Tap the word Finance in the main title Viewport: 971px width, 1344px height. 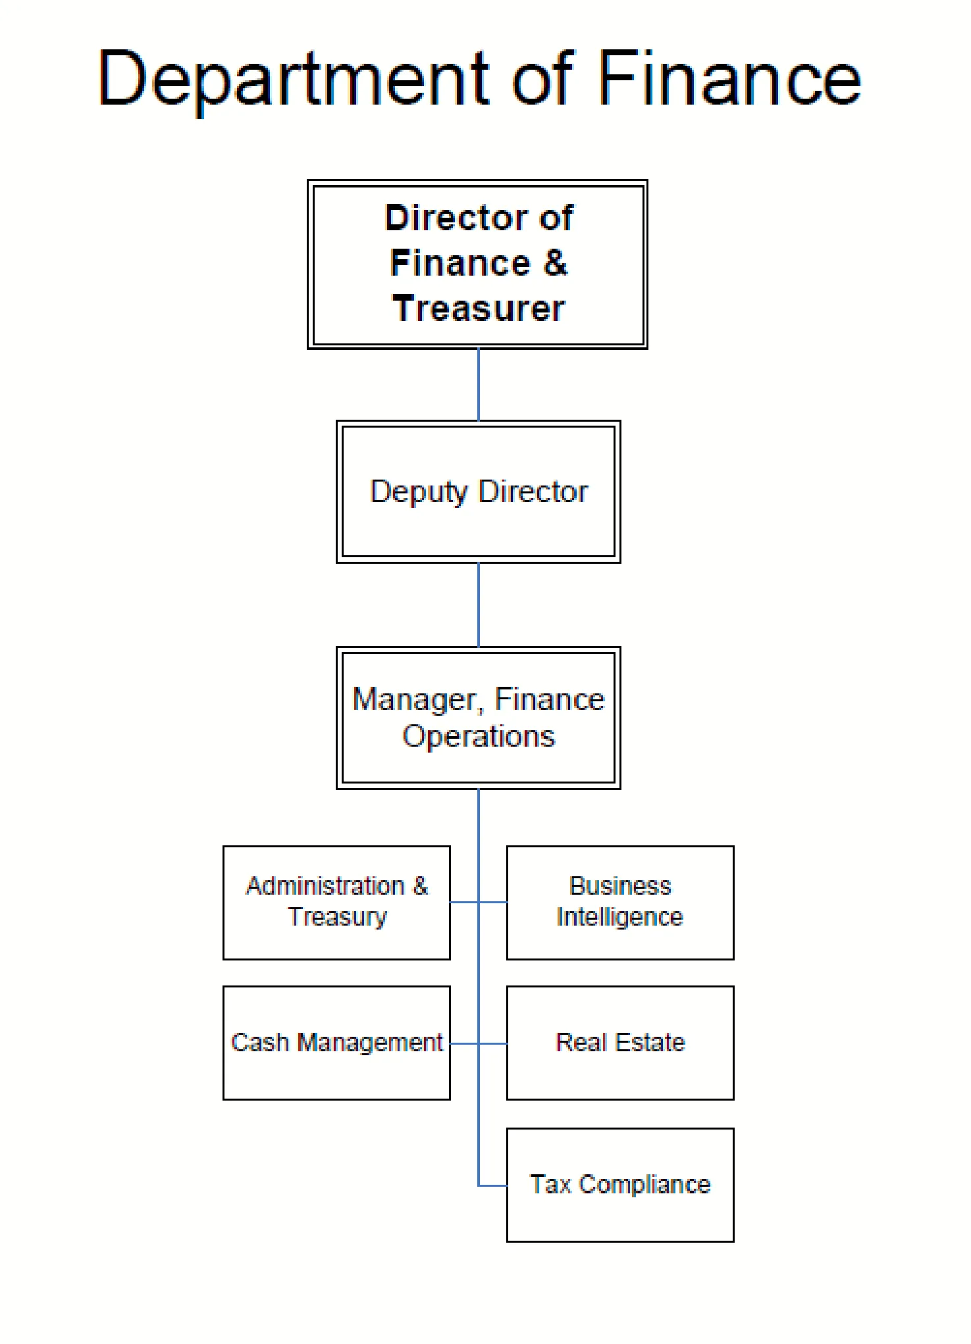click(x=729, y=79)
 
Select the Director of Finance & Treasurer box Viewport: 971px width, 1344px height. click(x=478, y=264)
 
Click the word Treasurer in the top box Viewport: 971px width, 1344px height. click(x=479, y=309)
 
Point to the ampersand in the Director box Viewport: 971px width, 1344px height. click(x=555, y=263)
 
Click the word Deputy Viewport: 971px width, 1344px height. click(x=419, y=492)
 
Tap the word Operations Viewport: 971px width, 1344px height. click(x=479, y=736)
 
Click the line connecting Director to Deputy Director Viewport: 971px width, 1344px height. click(x=479, y=385)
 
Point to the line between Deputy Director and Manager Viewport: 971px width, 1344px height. click(x=479, y=605)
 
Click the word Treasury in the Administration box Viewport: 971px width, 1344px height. click(x=338, y=917)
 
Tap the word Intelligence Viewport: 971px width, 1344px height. click(x=620, y=917)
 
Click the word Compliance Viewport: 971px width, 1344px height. click(x=645, y=1185)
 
